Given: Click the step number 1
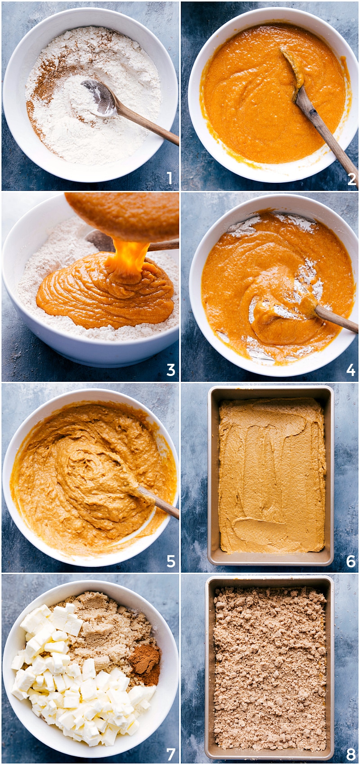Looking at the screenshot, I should click(170, 178).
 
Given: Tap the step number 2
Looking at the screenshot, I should click(351, 179).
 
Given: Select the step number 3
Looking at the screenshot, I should click(171, 370).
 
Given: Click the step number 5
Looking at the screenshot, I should click(171, 561).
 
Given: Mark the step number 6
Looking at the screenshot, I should click(351, 561).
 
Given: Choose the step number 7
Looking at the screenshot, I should click(171, 754).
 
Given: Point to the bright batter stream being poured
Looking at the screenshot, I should click(128, 260).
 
